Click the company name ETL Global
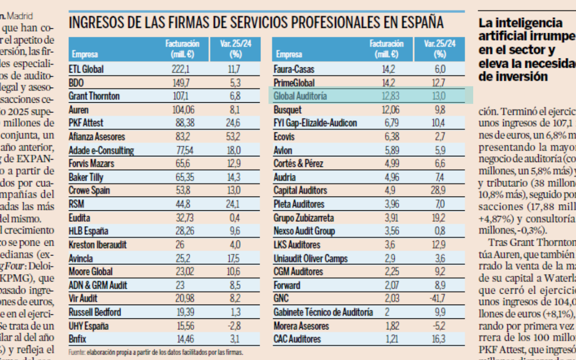click(86, 69)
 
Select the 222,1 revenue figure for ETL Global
click(181, 69)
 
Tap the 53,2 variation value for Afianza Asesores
click(234, 137)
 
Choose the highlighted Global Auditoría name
click(300, 96)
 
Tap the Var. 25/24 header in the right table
click(440, 49)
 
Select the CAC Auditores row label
click(297, 340)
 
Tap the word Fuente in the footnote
click(76, 352)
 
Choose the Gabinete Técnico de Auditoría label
click(323, 313)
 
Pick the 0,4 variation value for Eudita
click(235, 218)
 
